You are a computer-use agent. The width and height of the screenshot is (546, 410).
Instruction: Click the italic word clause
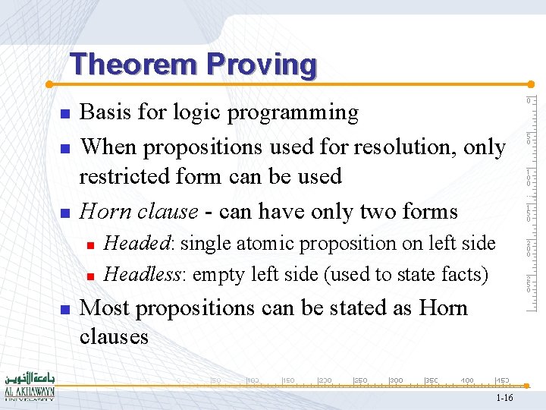pos(171,210)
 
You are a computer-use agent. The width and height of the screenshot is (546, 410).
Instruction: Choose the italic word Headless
pos(144,273)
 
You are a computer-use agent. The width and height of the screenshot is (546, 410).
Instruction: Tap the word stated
pos(354,307)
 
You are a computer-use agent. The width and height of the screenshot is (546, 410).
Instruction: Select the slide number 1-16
pos(504,398)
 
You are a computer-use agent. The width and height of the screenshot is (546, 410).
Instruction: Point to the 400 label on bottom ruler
pos(468,380)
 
